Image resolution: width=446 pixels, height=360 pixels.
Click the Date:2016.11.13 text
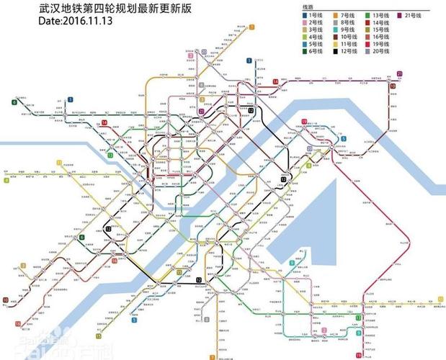[76, 21]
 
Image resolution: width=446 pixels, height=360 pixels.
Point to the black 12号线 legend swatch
[336, 51]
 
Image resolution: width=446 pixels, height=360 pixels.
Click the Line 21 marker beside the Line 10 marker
[399, 73]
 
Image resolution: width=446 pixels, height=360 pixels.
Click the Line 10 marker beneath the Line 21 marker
[393, 86]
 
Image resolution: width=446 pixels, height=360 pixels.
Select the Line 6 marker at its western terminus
[14, 102]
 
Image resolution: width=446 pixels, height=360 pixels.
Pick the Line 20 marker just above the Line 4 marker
[204, 51]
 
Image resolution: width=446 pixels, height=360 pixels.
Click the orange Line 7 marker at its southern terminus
[212, 356]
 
